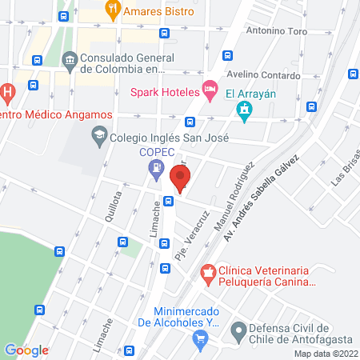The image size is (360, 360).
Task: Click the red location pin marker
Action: click(x=179, y=178)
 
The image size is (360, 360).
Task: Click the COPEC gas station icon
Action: click(x=155, y=168)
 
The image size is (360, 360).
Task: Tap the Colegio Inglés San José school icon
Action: click(x=99, y=135)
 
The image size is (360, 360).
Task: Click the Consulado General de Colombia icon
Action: click(x=69, y=59)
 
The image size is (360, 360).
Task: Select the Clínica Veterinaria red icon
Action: click(x=208, y=274)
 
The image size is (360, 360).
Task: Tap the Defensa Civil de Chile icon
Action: click(x=237, y=329)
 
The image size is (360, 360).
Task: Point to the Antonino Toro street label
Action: click(x=277, y=32)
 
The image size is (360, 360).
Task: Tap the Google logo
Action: click(x=26, y=350)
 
